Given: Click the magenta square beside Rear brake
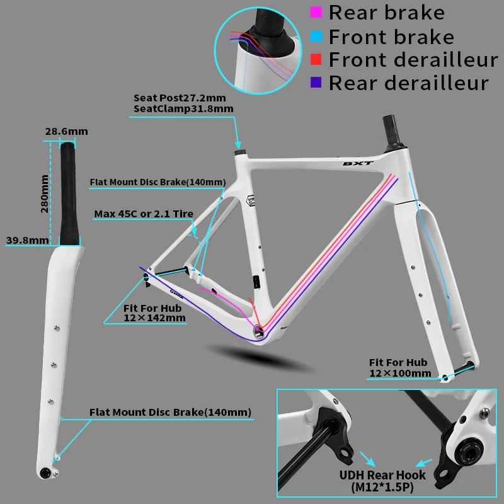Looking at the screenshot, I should click(316, 12).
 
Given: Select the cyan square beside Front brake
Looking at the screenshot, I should click(316, 36).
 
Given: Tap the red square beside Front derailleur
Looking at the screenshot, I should click(316, 59).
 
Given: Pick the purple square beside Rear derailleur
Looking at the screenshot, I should click(316, 83).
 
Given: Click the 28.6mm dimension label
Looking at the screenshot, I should click(66, 131).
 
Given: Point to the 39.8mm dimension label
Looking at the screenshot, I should click(27, 240).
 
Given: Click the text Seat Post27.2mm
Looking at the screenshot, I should click(179, 98).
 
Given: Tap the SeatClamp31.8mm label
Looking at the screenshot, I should click(183, 109).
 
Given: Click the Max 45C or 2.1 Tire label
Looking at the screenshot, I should click(144, 214).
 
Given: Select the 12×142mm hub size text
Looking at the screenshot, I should click(154, 319).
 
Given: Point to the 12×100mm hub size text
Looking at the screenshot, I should click(400, 373).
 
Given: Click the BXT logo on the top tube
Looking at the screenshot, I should click(357, 163).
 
